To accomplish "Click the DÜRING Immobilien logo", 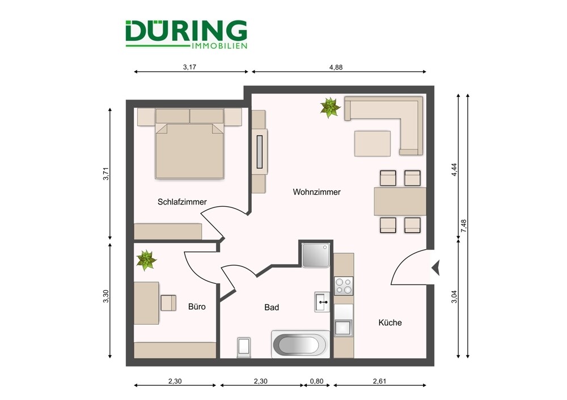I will [x=186, y=35].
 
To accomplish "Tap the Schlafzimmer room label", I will [x=182, y=202].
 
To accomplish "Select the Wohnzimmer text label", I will [x=316, y=192].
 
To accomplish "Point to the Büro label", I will [x=197, y=307].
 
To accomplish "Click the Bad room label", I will [x=272, y=308].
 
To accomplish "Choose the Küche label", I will [x=390, y=322].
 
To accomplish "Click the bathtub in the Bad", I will [x=301, y=344].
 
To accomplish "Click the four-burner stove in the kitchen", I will [x=344, y=286].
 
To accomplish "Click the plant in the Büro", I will [x=146, y=260].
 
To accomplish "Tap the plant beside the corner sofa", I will [x=329, y=107].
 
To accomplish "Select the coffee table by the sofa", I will [x=373, y=143].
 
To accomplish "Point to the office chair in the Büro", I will [x=169, y=303].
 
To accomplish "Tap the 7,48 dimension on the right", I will [x=463, y=225].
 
